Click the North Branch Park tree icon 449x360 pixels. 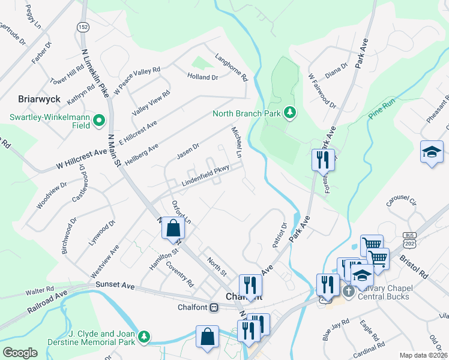coord(290,113)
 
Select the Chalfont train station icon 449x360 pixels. coord(214,308)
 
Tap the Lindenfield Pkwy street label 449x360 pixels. coord(206,178)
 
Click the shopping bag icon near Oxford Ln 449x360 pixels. coord(173,229)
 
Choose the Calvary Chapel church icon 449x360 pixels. coord(348,291)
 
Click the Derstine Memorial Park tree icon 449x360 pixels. coord(143,338)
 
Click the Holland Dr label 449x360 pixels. coord(202,77)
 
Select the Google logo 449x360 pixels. coord(20,353)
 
